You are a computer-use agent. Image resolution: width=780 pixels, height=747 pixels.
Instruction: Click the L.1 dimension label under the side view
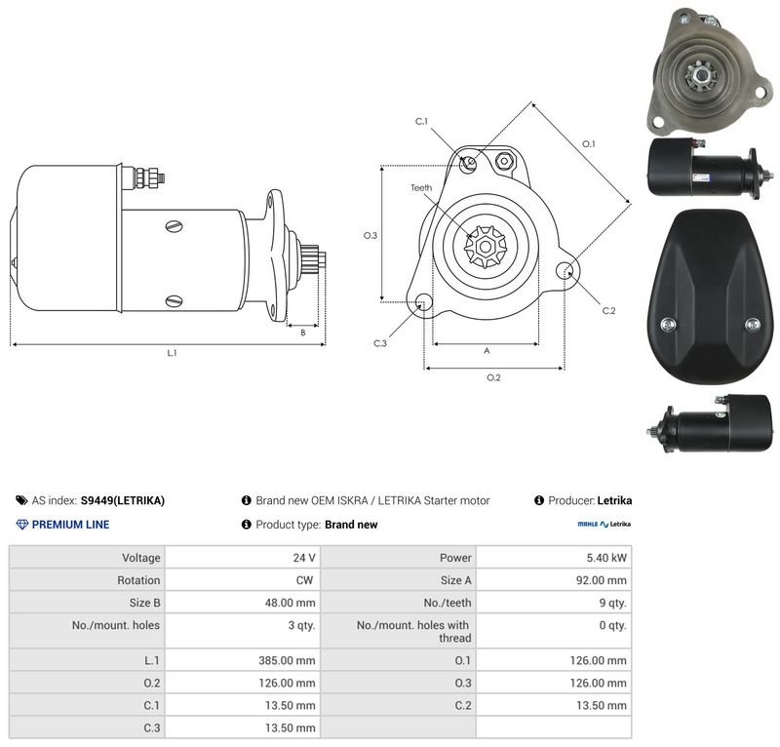click(172, 353)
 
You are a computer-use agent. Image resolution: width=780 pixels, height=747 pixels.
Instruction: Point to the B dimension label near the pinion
click(303, 333)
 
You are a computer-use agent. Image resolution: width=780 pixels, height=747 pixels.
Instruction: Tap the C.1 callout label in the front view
click(421, 121)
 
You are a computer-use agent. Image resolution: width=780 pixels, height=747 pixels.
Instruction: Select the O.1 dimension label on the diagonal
click(589, 143)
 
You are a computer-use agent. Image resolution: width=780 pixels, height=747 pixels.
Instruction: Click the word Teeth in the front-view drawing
click(421, 187)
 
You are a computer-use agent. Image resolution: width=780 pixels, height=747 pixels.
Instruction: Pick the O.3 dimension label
click(370, 235)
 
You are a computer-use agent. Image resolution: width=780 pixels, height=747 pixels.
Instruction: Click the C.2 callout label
click(608, 310)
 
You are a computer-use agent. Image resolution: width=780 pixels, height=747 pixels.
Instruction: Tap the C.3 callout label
click(380, 343)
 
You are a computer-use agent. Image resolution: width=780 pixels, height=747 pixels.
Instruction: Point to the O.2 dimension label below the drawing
click(493, 377)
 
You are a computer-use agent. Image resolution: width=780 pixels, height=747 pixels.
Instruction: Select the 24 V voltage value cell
click(304, 558)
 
